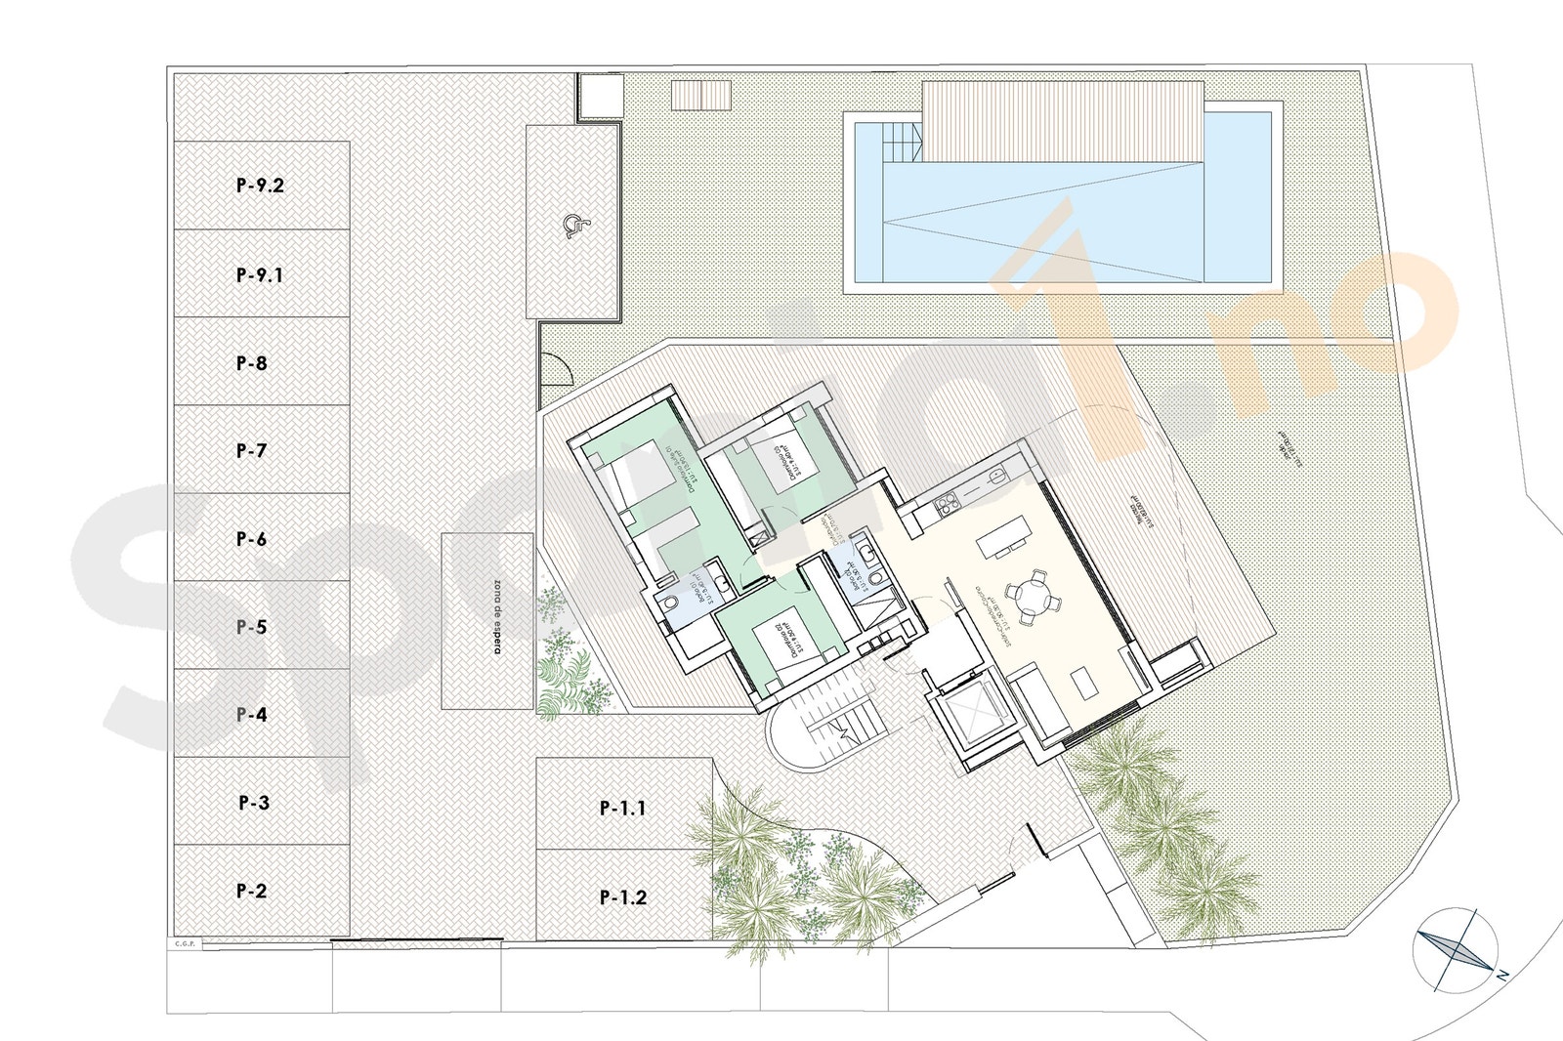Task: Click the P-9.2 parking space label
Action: click(260, 186)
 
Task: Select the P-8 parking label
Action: click(251, 363)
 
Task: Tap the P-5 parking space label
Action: click(251, 627)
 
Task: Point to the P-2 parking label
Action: click(251, 891)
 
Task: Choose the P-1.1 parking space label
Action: click(622, 809)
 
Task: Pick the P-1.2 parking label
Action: click(622, 897)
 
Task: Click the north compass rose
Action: click(1454, 948)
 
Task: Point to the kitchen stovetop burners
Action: click(946, 504)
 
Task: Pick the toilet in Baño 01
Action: click(671, 606)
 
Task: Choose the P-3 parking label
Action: click(253, 803)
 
